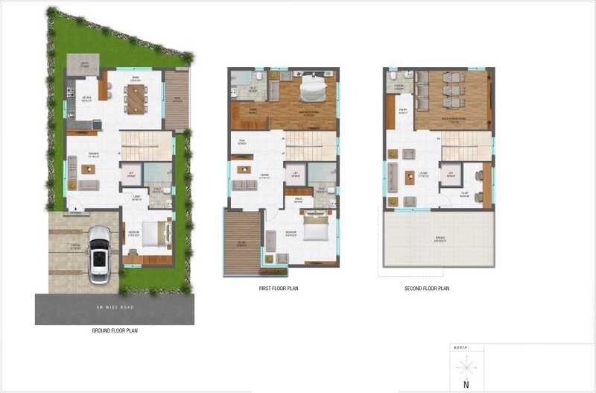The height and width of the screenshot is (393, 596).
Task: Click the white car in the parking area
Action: point(98,254)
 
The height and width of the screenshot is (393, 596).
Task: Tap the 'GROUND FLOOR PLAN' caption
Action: point(114,330)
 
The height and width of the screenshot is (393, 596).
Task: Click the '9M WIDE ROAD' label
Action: point(114,306)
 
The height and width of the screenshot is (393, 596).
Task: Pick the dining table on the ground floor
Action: point(136,98)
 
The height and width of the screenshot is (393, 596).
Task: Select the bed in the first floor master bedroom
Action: point(311,91)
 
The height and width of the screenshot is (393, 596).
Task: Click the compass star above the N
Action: point(467,365)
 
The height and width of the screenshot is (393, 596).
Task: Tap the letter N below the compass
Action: point(466,385)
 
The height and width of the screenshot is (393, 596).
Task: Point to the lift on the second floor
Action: point(449,176)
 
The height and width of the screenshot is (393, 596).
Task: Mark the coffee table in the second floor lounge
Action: point(410,177)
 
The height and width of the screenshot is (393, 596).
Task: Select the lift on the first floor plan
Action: point(295,175)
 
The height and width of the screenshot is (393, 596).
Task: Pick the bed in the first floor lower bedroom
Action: point(314,226)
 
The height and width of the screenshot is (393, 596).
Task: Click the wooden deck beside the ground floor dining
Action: point(176,99)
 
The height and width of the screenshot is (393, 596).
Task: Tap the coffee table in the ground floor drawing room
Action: point(88,170)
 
